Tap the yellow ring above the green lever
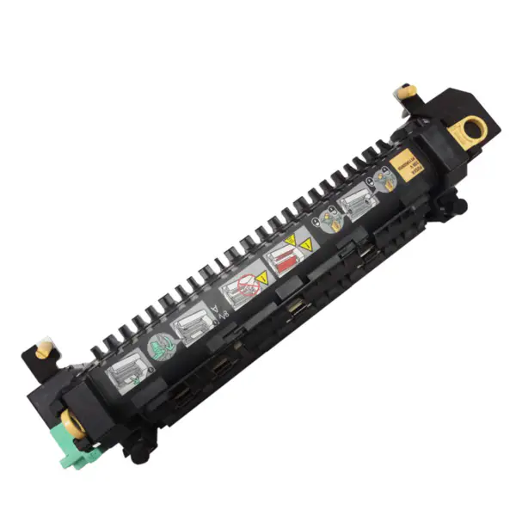coord(66,422)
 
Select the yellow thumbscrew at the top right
coord(403,91)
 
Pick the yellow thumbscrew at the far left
coord(45,350)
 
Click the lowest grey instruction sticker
coord(125,372)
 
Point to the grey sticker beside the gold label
coord(354,204)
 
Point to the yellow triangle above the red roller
coord(292,238)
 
